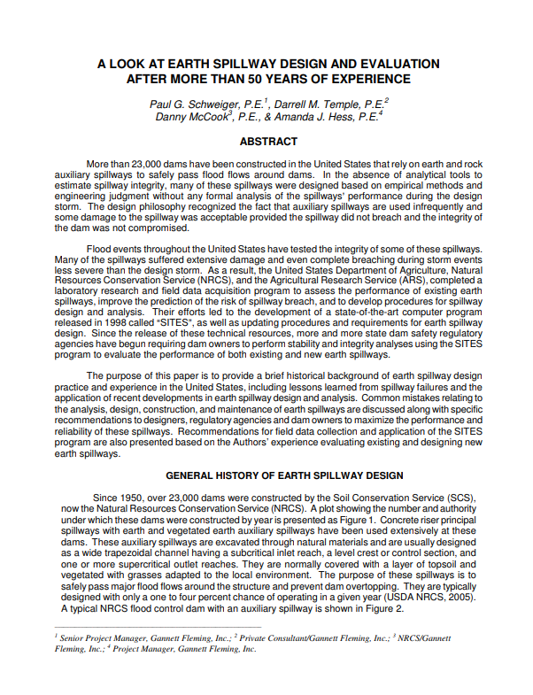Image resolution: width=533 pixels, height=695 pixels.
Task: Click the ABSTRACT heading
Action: tap(267, 141)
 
